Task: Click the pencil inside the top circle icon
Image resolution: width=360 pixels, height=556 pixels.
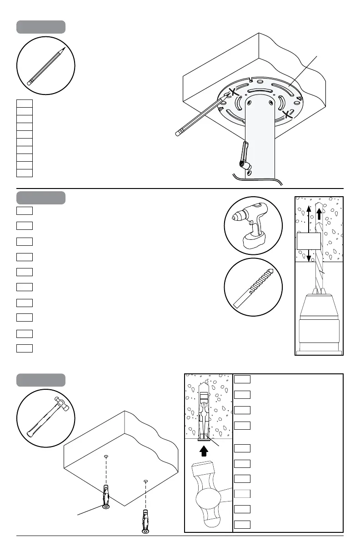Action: point(46,66)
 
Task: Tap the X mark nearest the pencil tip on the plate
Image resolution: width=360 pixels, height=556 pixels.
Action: point(233,93)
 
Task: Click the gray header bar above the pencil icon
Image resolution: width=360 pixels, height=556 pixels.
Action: point(41,27)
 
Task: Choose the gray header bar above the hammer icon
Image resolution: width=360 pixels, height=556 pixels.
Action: point(41,380)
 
